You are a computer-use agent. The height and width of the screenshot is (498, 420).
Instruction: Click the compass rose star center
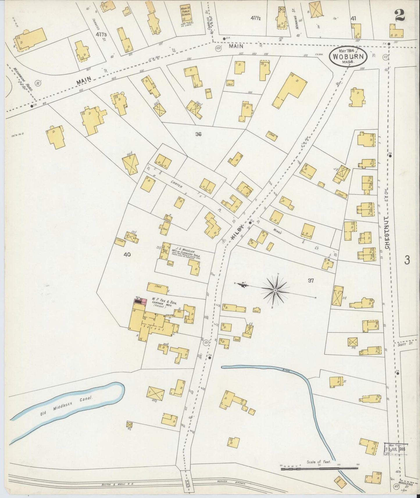275,290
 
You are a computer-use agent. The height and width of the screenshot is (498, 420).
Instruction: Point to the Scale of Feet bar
319,468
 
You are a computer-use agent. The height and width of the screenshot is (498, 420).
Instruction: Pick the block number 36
198,134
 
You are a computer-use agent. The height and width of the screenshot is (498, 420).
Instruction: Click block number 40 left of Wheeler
127,255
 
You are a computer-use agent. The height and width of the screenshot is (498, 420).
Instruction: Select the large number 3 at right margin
407,260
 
